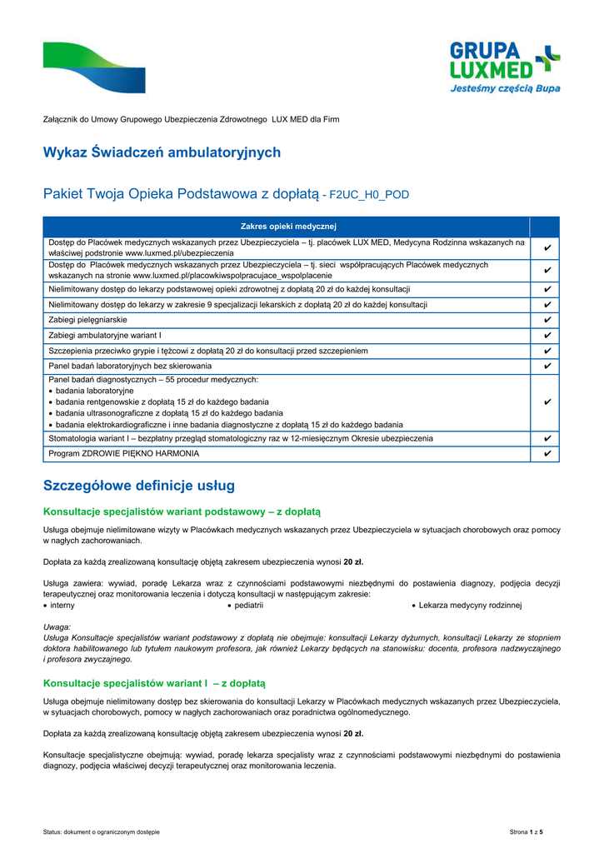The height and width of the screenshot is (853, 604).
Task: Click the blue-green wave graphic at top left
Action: [93, 67]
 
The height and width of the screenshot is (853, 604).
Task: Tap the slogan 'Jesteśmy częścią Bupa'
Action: [506, 88]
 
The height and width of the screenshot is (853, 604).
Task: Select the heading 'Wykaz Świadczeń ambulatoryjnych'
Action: [162, 152]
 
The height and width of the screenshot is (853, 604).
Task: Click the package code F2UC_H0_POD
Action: [369, 195]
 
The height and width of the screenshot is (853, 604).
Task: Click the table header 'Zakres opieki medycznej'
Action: [287, 226]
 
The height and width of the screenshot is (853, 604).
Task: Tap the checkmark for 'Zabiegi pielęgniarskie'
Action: [547, 320]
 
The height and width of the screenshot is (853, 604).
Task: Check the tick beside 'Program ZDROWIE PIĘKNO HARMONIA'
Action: [547, 453]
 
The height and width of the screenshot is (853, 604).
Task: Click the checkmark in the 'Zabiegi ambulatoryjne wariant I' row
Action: [547, 335]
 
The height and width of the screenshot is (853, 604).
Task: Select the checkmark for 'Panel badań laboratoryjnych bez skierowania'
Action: [547, 366]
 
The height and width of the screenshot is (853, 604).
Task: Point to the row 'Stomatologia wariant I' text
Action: [240, 438]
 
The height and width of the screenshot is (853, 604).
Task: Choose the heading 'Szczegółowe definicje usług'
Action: [139, 486]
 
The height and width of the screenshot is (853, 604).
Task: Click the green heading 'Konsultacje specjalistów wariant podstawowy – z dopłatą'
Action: [182, 511]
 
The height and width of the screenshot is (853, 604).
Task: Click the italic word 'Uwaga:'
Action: [57, 626]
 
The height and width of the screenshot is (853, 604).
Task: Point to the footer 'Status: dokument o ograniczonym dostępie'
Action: [101, 833]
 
